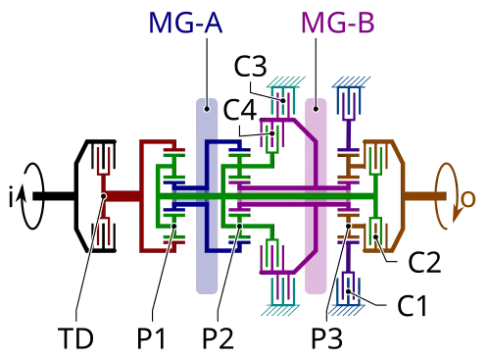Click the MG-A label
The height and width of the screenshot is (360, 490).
[x=185, y=23]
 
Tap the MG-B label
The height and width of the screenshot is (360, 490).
[x=338, y=23]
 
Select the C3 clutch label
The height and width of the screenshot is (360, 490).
[x=251, y=66]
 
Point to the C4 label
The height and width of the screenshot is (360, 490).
[x=240, y=110]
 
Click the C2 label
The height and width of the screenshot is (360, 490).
[x=424, y=262]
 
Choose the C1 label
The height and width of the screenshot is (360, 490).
[x=413, y=306]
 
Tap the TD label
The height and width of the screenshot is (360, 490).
[x=75, y=338]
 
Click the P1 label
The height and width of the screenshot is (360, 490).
[x=151, y=338]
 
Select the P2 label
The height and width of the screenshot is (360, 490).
[x=218, y=338]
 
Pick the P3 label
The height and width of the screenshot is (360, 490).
[x=326, y=338]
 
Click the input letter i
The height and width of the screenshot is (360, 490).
[x=12, y=195]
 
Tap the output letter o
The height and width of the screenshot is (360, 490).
[x=467, y=199]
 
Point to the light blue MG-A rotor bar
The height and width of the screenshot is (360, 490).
[x=207, y=196]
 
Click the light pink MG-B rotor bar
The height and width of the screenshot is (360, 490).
[x=316, y=196]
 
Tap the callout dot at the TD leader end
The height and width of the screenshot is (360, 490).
[x=104, y=196]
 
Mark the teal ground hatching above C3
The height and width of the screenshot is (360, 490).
[x=286, y=81]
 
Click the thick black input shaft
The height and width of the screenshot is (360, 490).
[x=54, y=196]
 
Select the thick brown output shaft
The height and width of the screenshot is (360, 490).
[x=425, y=196]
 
